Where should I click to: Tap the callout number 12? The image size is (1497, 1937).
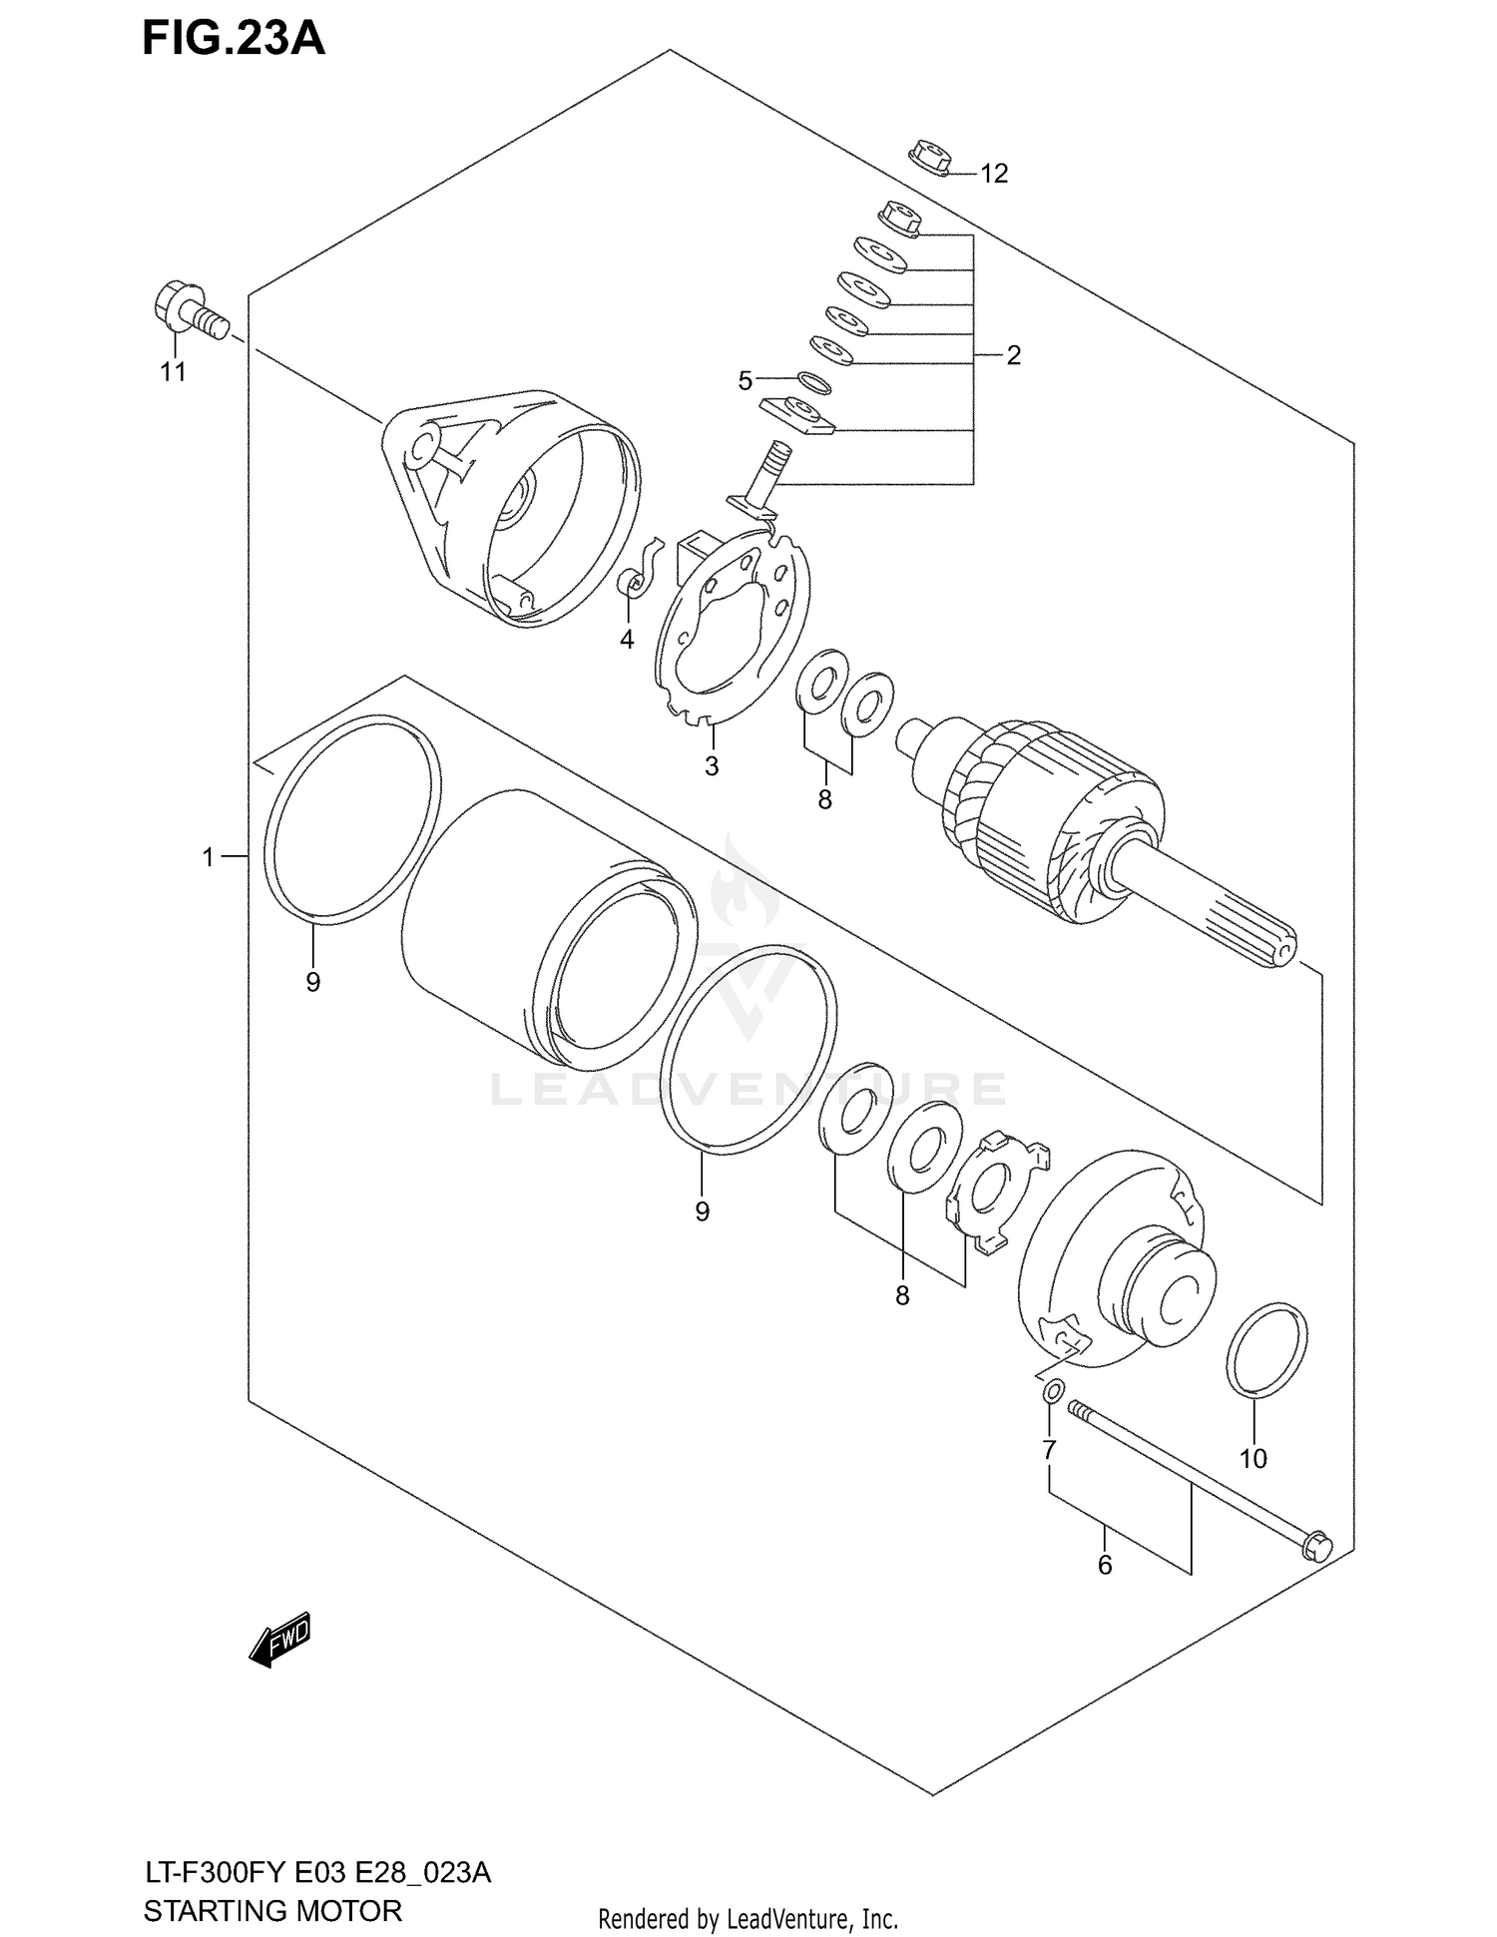pos(993,174)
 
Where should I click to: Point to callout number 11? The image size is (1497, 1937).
pos(174,372)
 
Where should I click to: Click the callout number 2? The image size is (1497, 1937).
pos(1013,355)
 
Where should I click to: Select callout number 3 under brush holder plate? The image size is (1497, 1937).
pos(712,766)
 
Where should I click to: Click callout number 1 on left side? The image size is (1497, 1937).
pos(208,856)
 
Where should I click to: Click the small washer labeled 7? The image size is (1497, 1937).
pos(1052,1391)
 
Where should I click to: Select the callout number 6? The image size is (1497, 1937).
pos(1104,1565)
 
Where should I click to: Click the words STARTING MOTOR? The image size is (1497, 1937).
pos(272,1910)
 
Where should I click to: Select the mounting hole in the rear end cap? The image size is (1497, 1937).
pos(423,444)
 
